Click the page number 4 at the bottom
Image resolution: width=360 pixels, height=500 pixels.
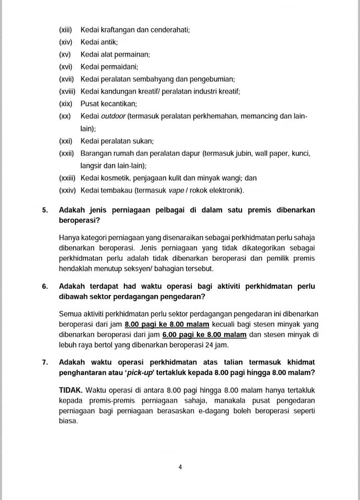tap(180, 467)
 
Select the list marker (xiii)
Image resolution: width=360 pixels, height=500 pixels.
tap(66, 30)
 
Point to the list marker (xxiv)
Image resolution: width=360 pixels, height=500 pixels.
tap(67, 190)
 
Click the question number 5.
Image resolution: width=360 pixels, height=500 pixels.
tap(45, 209)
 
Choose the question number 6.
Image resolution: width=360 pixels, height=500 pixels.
tap(45, 286)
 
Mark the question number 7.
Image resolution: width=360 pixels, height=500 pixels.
tap(45, 362)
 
